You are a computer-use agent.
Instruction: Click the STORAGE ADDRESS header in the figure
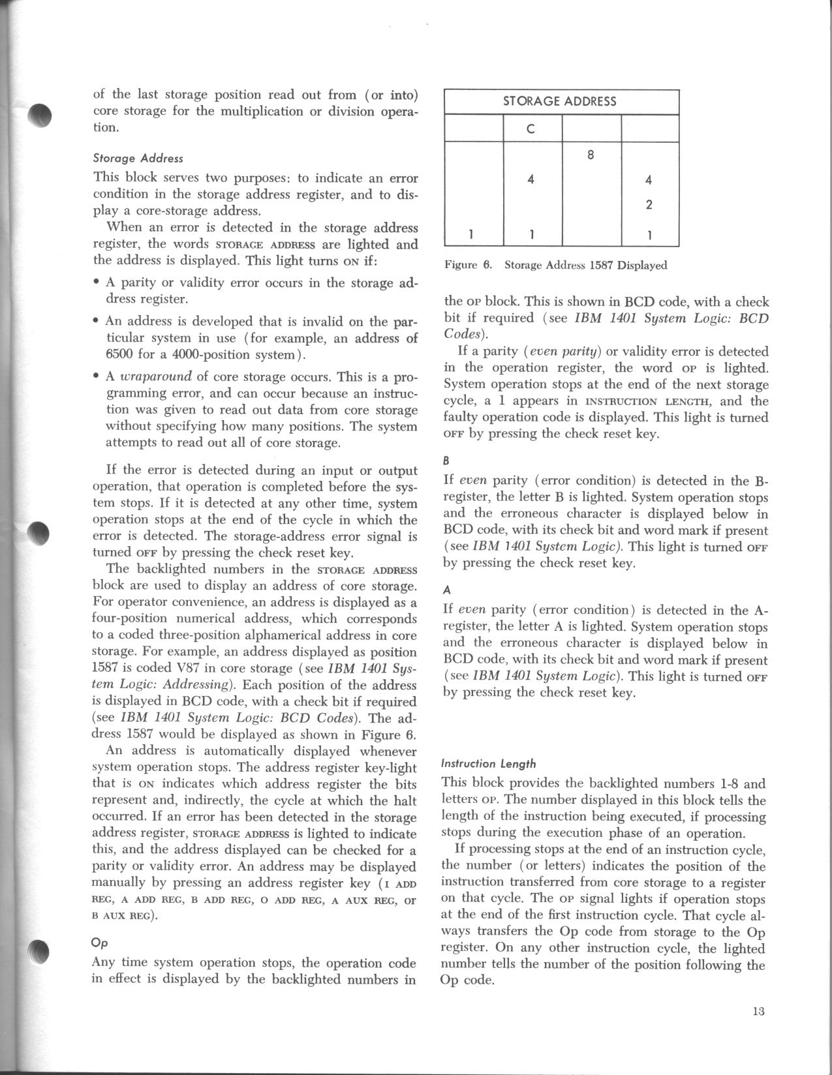point(560,101)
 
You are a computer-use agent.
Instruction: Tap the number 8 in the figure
point(590,155)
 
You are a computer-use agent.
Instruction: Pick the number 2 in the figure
point(649,205)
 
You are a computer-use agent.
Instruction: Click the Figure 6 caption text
point(555,265)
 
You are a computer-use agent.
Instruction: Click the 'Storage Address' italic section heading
point(138,158)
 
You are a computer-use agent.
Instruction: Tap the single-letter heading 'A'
point(447,590)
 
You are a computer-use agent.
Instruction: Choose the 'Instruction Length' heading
point(489,763)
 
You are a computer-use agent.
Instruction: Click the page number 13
point(758,1012)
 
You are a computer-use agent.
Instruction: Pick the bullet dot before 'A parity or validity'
point(96,283)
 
